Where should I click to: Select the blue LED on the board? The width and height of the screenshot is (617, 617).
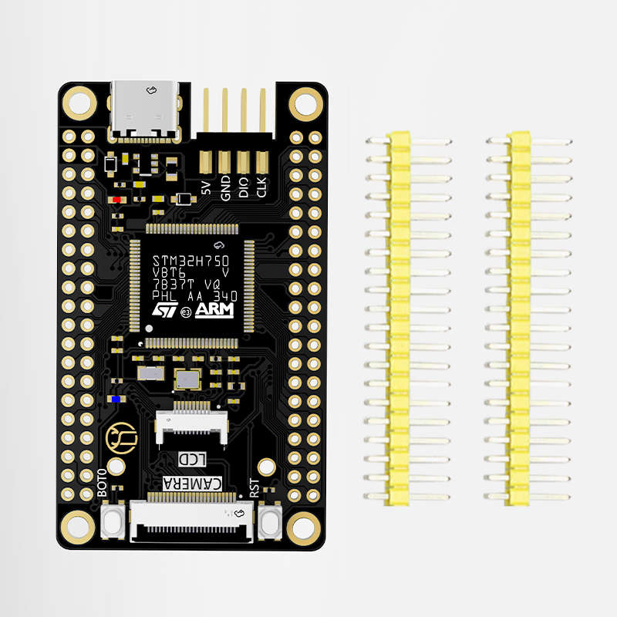pyautogui.click(x=116, y=399)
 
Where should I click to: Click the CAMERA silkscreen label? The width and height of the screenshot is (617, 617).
pyautogui.click(x=193, y=484)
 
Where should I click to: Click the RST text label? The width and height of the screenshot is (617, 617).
pyautogui.click(x=254, y=488)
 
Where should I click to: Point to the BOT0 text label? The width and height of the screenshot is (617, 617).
pyautogui.click(x=103, y=482)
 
